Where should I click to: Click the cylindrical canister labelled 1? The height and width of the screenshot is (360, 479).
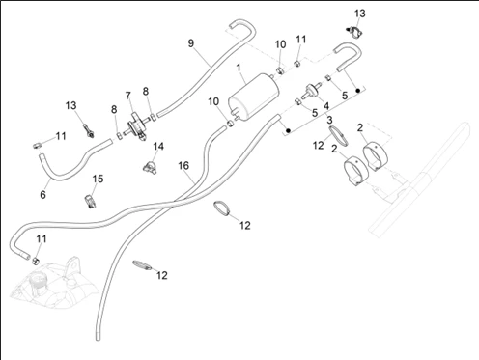[253, 97]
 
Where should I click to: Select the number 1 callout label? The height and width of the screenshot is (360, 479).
[239, 68]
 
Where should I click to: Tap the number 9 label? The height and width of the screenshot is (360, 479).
[191, 43]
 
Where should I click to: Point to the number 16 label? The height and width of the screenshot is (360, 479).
[183, 166]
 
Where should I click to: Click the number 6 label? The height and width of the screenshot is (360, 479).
[42, 194]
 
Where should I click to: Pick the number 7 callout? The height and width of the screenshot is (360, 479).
[128, 96]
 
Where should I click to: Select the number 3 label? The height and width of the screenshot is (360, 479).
[329, 120]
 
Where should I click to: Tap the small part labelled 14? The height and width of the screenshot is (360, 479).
[150, 167]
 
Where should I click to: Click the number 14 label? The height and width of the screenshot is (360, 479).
[158, 147]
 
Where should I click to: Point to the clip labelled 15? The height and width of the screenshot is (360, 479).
[90, 201]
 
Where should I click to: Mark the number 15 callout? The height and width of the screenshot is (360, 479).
[98, 179]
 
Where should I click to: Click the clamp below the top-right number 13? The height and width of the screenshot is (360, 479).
[354, 32]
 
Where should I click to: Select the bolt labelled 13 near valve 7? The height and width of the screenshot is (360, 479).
[89, 131]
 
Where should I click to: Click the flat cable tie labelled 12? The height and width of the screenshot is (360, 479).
[142, 265]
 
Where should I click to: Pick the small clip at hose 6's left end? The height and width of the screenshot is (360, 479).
[37, 145]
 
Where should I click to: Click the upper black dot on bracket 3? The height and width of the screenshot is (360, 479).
[357, 91]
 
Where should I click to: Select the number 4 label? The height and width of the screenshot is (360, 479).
[326, 106]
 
